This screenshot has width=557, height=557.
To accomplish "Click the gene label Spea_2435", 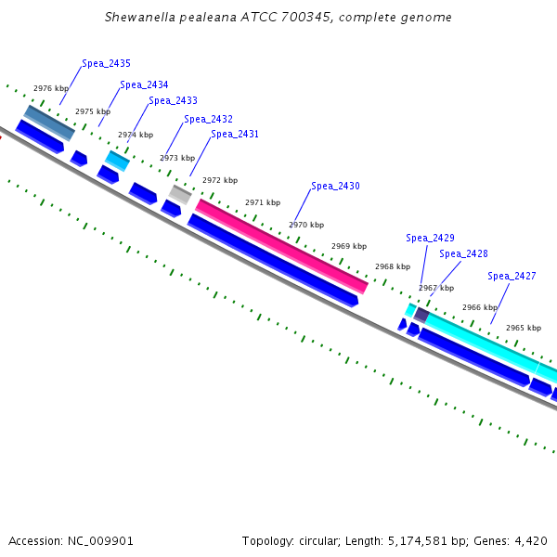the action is point(106,63).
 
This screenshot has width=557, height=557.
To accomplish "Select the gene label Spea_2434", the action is point(144,84).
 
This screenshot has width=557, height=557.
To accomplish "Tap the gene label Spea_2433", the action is point(173,100).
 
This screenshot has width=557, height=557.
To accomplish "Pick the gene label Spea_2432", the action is point(208,119).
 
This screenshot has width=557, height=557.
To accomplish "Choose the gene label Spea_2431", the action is point(235,134).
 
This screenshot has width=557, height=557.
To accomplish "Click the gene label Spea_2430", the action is point(335,186).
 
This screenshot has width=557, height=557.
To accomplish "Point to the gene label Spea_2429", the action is point(430,238).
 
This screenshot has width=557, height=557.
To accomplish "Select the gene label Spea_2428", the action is point(463,253).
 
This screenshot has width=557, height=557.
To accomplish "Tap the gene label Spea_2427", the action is point(512,276).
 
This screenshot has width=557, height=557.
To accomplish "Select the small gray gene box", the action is point(180,194).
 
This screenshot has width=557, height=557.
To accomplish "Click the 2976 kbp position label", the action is point(50,88).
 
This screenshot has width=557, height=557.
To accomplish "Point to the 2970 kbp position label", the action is point(306,225).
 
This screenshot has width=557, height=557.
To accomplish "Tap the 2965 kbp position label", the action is point(524,328).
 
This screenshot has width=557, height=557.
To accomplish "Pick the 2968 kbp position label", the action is point(393,266).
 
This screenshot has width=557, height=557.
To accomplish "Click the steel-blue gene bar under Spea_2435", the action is point(49,123).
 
